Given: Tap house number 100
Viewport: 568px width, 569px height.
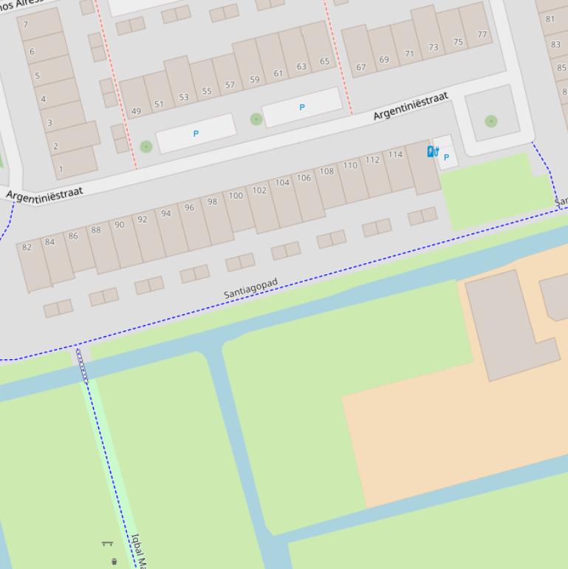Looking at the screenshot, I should click(x=236, y=196).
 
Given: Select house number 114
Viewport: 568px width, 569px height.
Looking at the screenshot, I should click(x=395, y=154).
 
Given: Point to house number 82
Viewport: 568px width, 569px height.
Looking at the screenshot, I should click(x=27, y=247).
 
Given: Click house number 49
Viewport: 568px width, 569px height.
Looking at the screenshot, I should click(x=136, y=112).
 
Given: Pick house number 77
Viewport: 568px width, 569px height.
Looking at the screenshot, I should click(x=482, y=35).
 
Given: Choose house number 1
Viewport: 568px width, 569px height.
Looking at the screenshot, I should click(x=61, y=168).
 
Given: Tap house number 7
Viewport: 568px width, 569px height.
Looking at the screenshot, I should click(x=26, y=24).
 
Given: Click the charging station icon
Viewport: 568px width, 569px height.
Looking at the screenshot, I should click(x=433, y=151).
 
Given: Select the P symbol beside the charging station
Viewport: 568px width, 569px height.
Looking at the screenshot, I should click(x=446, y=157).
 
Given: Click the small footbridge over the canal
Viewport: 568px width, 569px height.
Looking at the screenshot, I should click(x=82, y=365).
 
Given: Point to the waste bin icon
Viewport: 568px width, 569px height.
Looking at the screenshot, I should click(x=114, y=562).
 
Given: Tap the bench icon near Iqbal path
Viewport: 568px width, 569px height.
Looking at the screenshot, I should click(x=107, y=544).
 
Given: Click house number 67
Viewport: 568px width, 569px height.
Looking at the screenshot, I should click(x=361, y=67).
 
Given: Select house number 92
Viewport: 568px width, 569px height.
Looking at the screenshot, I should click(x=143, y=219).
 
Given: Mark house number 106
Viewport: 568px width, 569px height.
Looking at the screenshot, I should click(x=304, y=178).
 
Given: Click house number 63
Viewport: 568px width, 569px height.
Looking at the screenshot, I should click(x=301, y=67).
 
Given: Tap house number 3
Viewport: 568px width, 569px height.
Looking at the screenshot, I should click(x=49, y=123).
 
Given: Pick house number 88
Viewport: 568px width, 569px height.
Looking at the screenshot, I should click(x=96, y=230).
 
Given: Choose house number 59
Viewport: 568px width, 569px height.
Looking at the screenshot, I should click(x=255, y=80).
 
